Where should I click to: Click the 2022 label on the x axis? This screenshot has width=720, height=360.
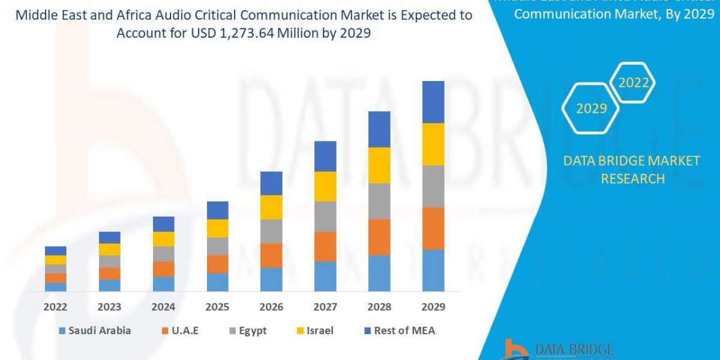coord(55,307)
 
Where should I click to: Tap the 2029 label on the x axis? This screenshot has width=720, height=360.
coord(433,307)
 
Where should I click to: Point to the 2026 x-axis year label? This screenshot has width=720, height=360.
coord(271,307)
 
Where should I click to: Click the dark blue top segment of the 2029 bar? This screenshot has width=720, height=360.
coord(433,102)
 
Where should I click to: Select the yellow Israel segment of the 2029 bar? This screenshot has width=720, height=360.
coord(433,144)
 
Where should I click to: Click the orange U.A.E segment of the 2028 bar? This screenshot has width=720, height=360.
coord(379,237)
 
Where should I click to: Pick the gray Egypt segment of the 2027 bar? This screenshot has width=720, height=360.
coord(325,216)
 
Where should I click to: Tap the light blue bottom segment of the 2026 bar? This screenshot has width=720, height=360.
coord(271,279)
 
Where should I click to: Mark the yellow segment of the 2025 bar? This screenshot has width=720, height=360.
coord(217,228)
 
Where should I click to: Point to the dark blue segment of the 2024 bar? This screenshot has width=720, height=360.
coord(163,224)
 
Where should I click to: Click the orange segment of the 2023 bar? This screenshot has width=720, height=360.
coord(109,274)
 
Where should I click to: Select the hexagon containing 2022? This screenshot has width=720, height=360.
coord(633,83)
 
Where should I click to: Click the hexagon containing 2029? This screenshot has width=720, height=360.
coord(591,109)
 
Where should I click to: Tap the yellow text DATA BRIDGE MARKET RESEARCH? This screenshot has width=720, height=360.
coord(632,169)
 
